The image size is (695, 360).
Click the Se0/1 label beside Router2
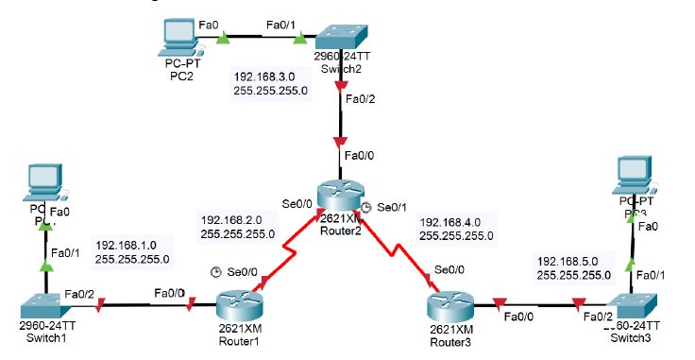tap(391, 207)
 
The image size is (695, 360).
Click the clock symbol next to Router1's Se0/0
tap(216, 272)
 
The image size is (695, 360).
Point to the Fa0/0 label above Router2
tap(360, 155)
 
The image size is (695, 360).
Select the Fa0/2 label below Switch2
tap(361, 97)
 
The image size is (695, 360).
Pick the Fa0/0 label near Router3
tap(519, 317)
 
